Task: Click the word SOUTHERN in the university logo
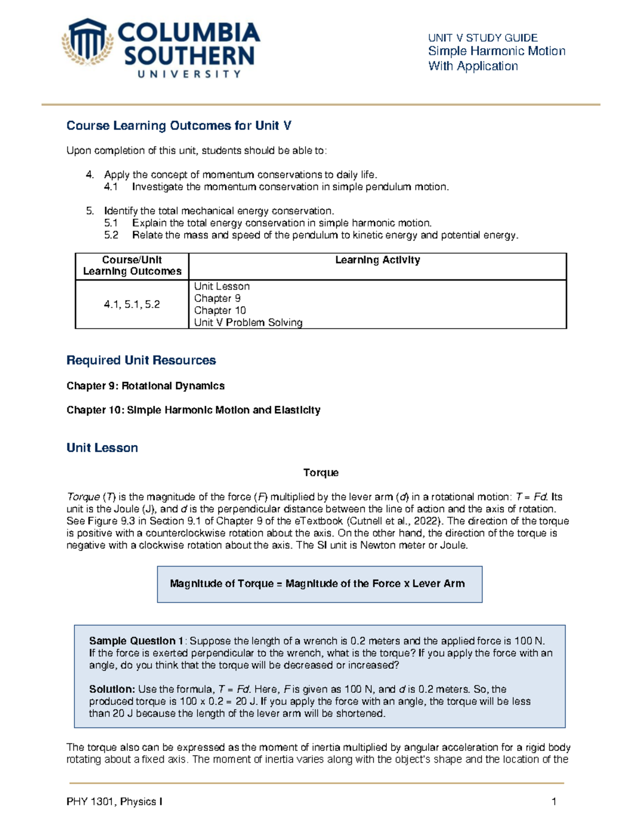coord(189,56)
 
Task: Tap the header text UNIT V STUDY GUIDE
coord(483,38)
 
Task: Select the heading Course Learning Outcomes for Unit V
coord(179,126)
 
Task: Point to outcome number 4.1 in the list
coord(111,187)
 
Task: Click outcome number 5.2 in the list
coord(111,235)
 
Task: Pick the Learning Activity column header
coord(377,260)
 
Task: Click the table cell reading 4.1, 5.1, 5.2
coord(132,305)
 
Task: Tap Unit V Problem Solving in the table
coord(248,323)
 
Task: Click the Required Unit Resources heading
coord(141,361)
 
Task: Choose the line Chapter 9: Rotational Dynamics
coord(146,386)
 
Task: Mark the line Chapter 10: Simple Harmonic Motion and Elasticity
coord(193,410)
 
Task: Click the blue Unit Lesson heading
coord(102,448)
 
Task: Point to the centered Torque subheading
coord(320,473)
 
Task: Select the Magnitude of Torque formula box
coord(319,584)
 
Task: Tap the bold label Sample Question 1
coord(136,641)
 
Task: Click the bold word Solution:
coord(112,689)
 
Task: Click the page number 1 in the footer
coord(554,802)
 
